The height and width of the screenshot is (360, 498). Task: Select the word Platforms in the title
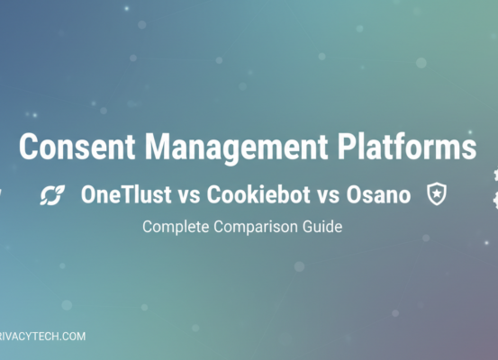(403, 148)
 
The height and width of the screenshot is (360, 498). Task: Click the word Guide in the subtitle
(322, 227)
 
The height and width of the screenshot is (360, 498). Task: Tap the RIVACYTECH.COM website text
(43, 337)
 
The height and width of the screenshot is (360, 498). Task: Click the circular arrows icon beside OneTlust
(52, 194)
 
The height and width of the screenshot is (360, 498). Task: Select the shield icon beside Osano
(437, 193)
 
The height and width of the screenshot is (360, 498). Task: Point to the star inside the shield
(437, 193)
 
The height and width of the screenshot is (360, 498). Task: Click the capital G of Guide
(308, 227)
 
